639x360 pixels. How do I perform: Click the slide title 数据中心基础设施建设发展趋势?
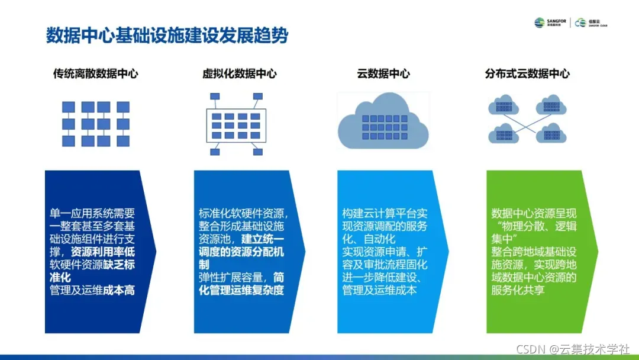(x=167, y=36)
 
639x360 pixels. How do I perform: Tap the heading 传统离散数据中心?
(x=96, y=74)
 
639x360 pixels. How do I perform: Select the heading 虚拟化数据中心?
(x=239, y=74)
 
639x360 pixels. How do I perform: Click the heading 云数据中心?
(x=383, y=74)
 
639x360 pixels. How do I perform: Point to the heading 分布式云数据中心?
(x=527, y=74)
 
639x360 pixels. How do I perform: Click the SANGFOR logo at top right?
(x=550, y=22)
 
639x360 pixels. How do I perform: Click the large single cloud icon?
(x=383, y=123)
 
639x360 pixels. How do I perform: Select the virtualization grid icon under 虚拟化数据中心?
(x=235, y=123)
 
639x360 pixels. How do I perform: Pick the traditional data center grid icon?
(x=96, y=124)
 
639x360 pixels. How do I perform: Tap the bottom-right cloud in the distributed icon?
(x=551, y=133)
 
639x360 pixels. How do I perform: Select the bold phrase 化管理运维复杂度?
(x=241, y=290)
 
